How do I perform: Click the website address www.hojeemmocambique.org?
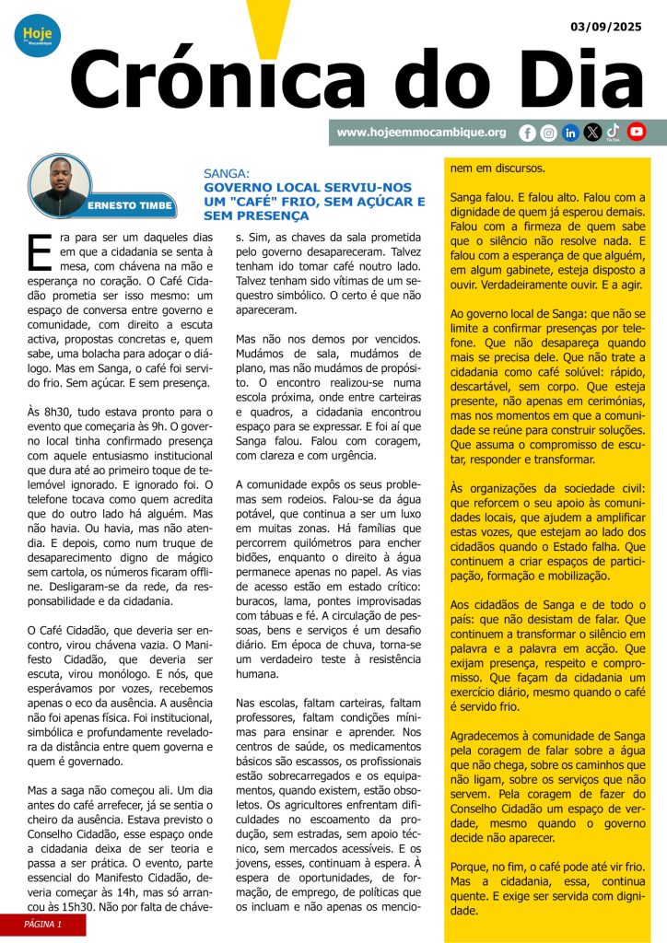(x=421, y=133)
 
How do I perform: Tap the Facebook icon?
(x=527, y=133)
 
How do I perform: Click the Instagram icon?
(x=548, y=133)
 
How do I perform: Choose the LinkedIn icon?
(x=570, y=133)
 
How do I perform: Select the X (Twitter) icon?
(x=592, y=133)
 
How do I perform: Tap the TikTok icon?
(x=614, y=133)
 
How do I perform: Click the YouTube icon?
(x=636, y=133)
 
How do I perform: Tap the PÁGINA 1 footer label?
(x=42, y=924)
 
